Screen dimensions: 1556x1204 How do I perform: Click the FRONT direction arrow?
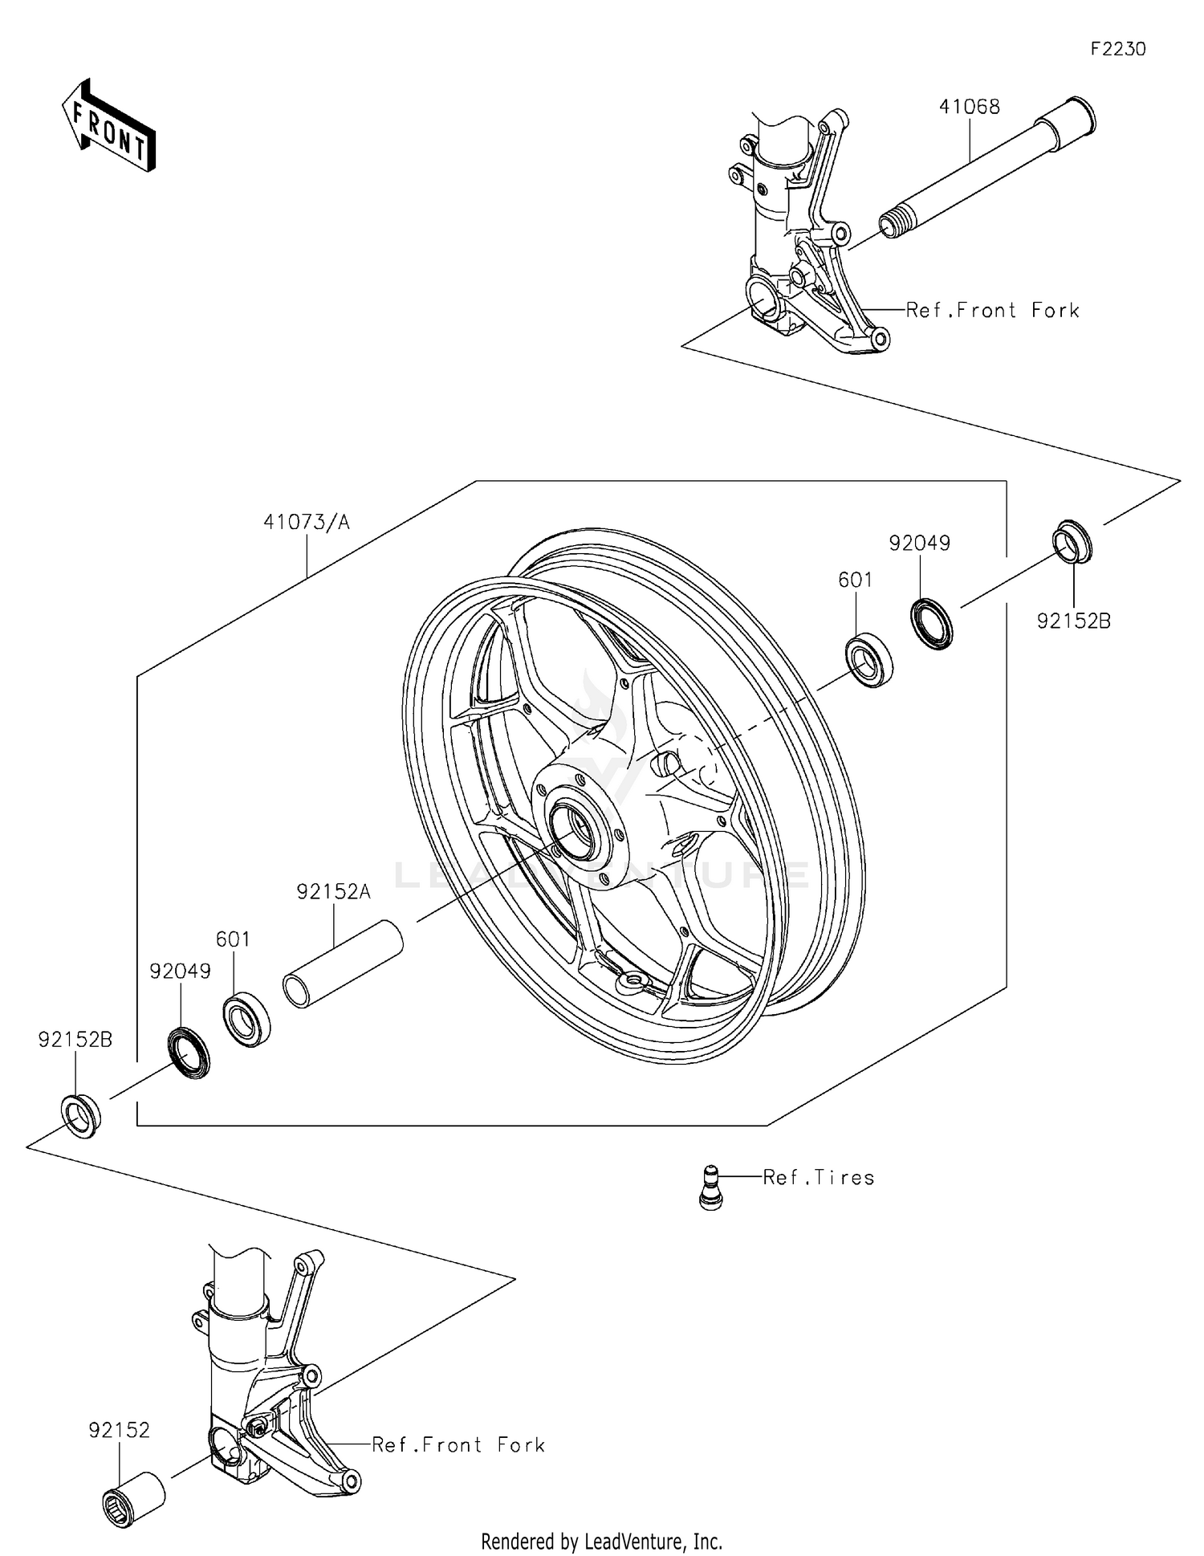coord(108,127)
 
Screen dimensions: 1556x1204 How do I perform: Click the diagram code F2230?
coord(1117,49)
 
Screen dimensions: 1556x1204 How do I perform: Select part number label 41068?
coord(970,107)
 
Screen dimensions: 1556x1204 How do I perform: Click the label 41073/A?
coord(307,523)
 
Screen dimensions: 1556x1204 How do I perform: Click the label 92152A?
coord(333,892)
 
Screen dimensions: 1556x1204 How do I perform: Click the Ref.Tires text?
coord(818,1178)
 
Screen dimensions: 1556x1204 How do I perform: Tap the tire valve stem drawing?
coord(710,1187)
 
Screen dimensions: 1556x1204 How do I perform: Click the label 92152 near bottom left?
coord(119,1430)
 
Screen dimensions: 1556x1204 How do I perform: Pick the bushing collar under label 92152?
coord(134,1497)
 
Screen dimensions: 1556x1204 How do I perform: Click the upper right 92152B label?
coord(1073,621)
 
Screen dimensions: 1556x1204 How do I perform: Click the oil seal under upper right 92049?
coord(932,622)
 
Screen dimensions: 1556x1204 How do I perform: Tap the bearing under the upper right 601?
coord(870,658)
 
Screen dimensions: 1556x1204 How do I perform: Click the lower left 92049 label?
coord(180,971)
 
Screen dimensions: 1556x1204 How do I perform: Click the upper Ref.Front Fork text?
coord(992,311)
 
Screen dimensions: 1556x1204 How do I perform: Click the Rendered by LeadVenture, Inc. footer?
coord(601,1541)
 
